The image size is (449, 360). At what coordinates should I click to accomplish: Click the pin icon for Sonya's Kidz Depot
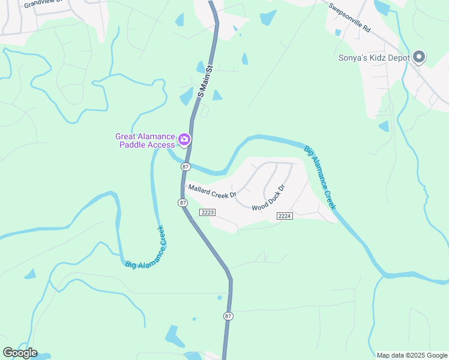point(420,58)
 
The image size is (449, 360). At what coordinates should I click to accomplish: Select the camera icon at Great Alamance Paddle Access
point(184,140)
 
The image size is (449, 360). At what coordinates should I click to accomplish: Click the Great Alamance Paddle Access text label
point(146,140)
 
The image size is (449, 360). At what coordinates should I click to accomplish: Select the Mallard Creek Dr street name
point(212,191)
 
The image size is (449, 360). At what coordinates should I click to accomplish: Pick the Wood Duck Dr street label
point(268,198)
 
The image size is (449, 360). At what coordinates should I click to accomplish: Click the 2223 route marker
point(208,212)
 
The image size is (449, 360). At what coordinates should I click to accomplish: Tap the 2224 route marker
point(285,216)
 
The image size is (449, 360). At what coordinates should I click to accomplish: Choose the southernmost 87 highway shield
point(228,316)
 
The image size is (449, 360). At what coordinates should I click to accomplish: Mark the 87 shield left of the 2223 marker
point(182,203)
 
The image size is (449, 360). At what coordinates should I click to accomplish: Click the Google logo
point(20,353)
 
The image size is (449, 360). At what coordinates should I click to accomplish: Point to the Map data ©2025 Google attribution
point(411,355)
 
